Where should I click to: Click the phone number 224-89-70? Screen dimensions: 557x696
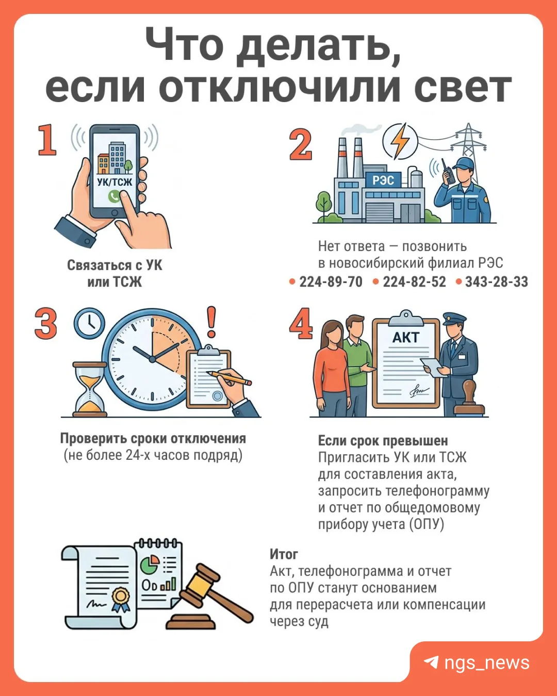pos(331,281)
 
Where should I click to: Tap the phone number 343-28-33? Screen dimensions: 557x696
pos(497,281)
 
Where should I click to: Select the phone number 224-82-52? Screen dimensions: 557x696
pos(414,281)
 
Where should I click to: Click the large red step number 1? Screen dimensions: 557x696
pos(47,140)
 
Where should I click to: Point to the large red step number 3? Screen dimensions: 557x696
pos(45,323)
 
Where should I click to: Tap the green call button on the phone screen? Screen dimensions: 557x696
pos(114,196)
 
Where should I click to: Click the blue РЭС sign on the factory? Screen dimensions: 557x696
pos(383,180)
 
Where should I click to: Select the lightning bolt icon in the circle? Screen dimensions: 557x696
pos(400,141)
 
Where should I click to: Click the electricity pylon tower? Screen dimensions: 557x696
pos(468,142)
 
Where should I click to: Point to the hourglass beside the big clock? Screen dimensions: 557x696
pos(90,389)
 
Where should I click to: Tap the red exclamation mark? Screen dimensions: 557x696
pos(211,322)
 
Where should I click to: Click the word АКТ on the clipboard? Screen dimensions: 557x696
pos(405,338)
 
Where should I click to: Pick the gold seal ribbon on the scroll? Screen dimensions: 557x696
pos(121,600)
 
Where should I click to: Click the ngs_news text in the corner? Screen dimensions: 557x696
pos(487,662)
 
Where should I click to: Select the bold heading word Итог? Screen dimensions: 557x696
pos(284,555)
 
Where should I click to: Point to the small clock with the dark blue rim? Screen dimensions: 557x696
pos(89,323)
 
